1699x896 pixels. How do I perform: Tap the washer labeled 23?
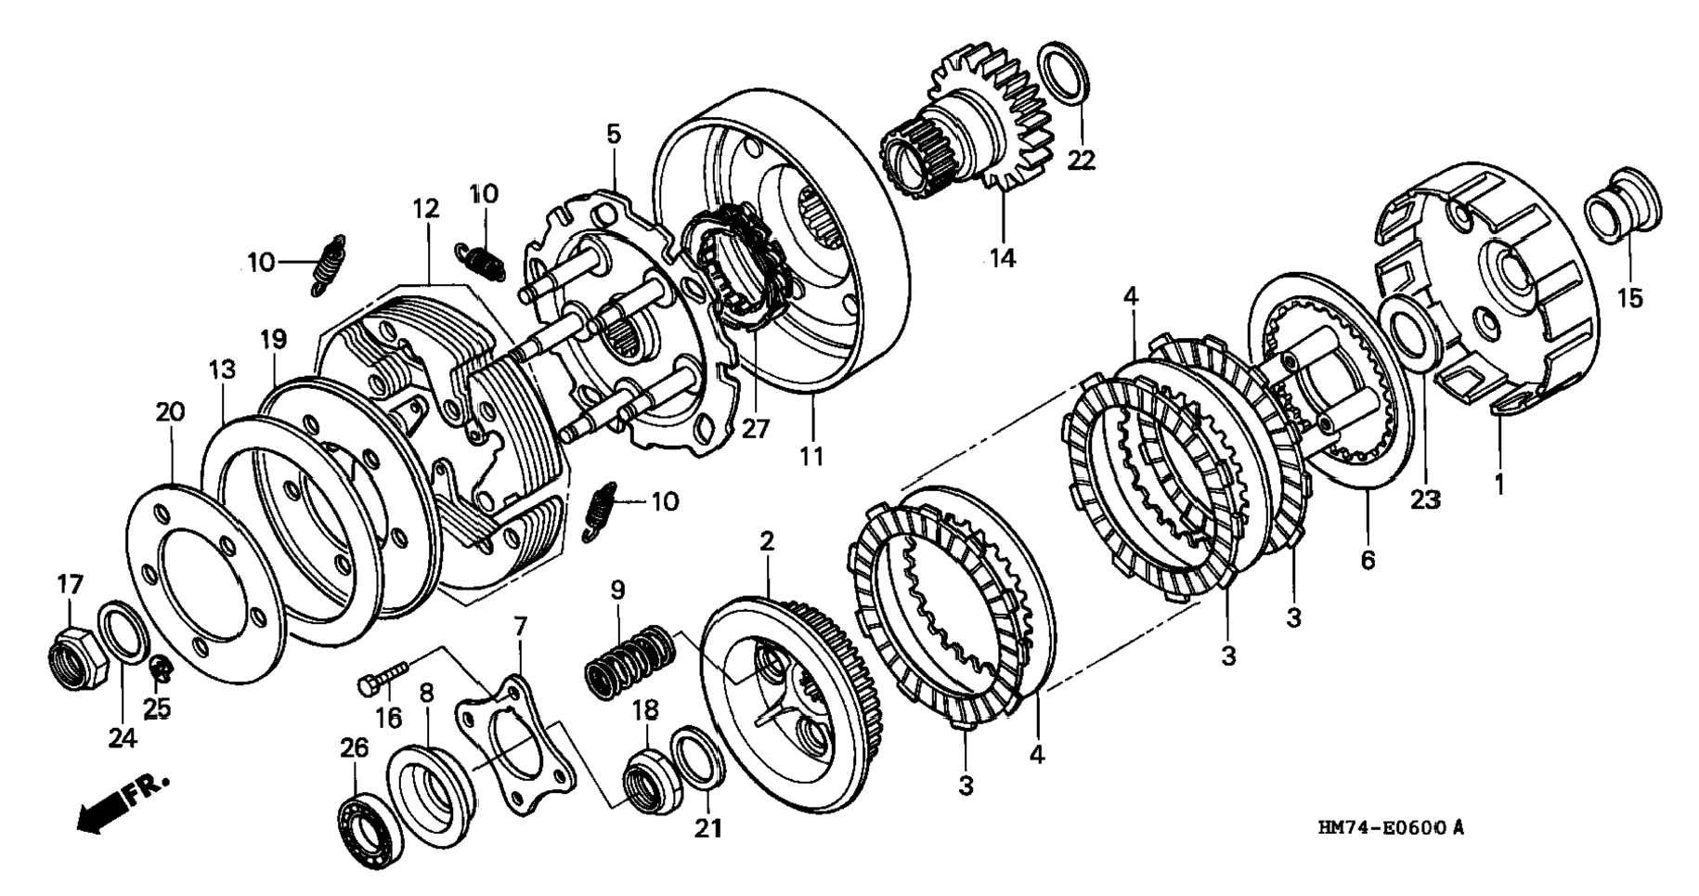point(1411,327)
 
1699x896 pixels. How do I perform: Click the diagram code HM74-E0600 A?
point(1390,827)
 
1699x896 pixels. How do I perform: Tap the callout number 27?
point(755,430)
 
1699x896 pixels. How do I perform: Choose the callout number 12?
point(426,210)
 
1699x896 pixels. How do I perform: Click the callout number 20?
point(170,410)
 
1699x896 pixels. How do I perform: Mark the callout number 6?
point(1368,560)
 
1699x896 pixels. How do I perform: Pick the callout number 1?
point(1497,483)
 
